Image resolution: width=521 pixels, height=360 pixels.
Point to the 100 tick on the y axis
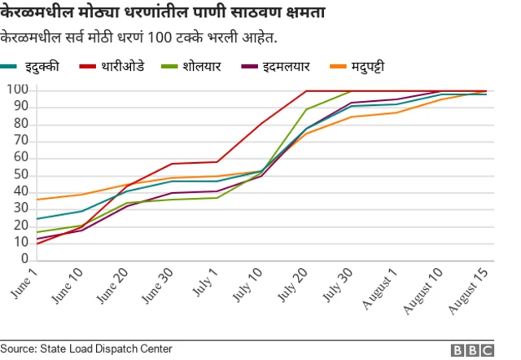coord(16,90)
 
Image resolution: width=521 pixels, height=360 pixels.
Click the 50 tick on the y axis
coord(20,174)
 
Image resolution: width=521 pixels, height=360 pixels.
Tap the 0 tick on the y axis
coord(23,259)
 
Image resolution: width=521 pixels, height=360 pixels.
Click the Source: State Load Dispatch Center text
coord(86,349)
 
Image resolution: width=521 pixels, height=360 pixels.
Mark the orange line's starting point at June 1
coord(37,200)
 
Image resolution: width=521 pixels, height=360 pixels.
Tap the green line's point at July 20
coord(306,109)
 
